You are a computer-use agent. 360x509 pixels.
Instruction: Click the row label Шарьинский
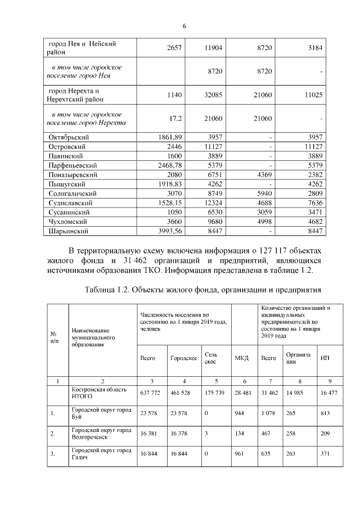69,231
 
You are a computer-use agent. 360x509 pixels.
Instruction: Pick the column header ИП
325,358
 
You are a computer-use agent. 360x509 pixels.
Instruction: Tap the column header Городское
183,358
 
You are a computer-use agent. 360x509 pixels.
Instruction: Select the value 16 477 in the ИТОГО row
328,393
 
